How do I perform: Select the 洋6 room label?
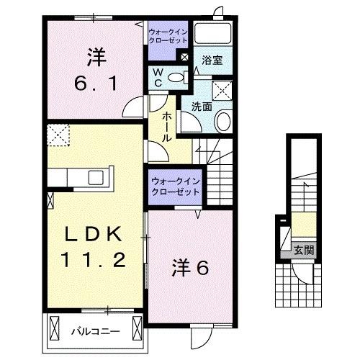point(190,268)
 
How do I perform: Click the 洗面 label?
point(201,106)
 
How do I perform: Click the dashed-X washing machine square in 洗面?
point(222,91)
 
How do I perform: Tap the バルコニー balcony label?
point(95,332)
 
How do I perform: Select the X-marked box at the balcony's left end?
point(55,331)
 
